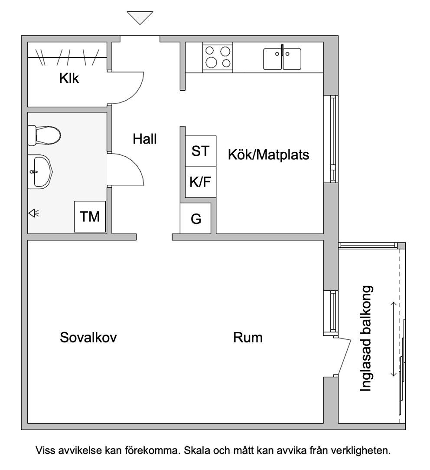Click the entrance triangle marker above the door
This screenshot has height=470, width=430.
tap(140, 17)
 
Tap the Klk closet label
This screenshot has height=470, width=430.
tap(69, 79)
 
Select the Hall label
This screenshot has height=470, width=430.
tap(145, 139)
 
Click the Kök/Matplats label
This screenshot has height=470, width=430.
tap(269, 155)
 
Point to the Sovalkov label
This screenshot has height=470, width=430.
tap(88, 338)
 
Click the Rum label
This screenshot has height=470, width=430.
tap(248, 338)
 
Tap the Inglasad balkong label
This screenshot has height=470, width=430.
tap(366, 339)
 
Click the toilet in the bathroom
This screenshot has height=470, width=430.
tap(44, 135)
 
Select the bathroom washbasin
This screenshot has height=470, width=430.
tap(40, 172)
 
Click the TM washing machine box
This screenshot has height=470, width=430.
tap(90, 217)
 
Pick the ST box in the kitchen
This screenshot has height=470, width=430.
tap(201, 151)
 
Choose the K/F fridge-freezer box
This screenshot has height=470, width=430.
tap(201, 182)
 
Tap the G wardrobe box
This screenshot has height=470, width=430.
tap(195, 219)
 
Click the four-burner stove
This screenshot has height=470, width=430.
tap(218, 57)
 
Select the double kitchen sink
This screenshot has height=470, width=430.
tap(282, 59)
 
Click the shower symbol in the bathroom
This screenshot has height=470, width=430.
tap(33, 213)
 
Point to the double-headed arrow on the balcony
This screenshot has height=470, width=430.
tap(394, 339)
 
